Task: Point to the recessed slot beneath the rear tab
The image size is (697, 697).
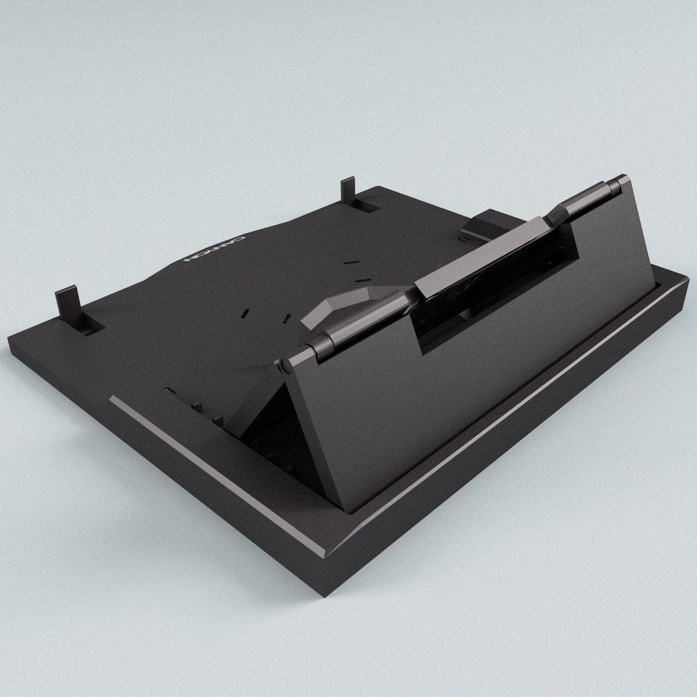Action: click(x=367, y=207)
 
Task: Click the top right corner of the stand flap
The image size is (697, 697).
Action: click(x=626, y=177)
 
